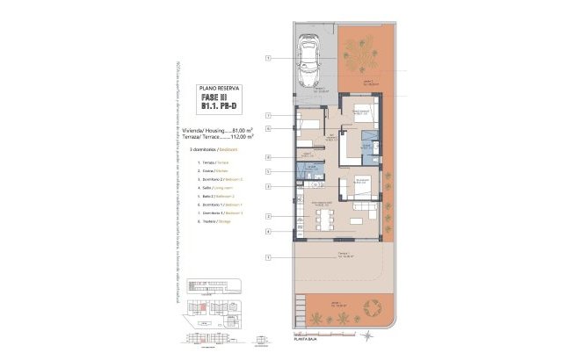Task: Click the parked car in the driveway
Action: [308, 60]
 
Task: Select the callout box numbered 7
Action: [267, 256]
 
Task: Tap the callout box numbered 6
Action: [267, 129]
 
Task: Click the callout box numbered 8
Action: [267, 156]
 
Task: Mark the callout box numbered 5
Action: [267, 170]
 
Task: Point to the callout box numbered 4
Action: [267, 231]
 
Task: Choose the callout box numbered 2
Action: [267, 215]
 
